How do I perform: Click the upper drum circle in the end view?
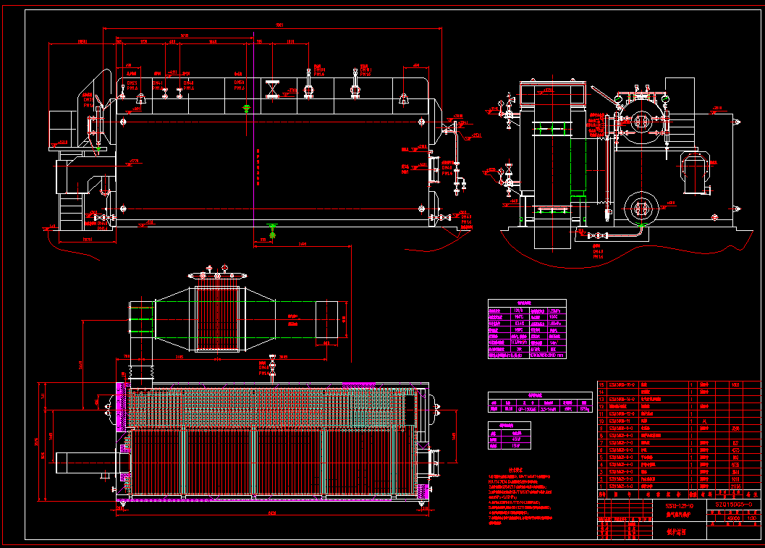[x=640, y=122]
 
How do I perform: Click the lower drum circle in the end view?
[x=639, y=208]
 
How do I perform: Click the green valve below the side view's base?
[x=272, y=234]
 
